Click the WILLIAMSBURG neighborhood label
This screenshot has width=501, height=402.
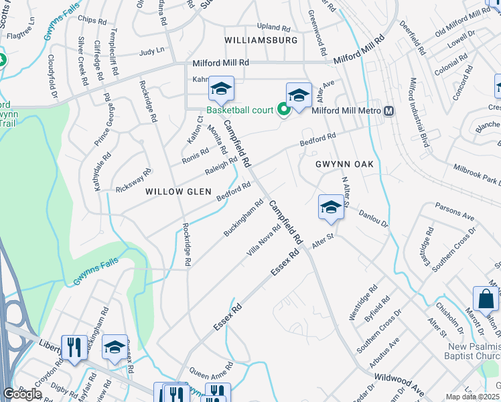click(x=261, y=40)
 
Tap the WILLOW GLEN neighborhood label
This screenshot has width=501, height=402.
click(x=174, y=192)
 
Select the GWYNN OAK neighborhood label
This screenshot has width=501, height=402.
click(x=344, y=164)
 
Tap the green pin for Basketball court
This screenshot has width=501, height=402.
click(x=283, y=110)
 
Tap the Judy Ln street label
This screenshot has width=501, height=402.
click(x=151, y=52)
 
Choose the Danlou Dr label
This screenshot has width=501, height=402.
click(x=374, y=218)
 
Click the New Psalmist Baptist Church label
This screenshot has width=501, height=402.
click(x=473, y=350)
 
